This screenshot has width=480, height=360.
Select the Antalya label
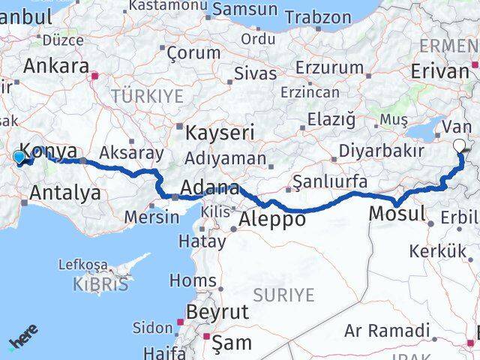[x=65, y=193]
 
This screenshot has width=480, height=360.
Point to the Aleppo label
[x=273, y=220]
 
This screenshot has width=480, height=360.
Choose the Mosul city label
[x=397, y=214]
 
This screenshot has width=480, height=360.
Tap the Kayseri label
[x=220, y=133]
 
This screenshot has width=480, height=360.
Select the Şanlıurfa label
[x=330, y=181]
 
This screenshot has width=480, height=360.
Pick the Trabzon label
[x=318, y=16]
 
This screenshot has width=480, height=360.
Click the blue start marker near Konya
[x=19, y=157]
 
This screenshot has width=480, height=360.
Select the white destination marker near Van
[x=460, y=146]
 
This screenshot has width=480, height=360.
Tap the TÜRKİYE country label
[x=148, y=96]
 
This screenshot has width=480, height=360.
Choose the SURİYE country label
[x=283, y=295]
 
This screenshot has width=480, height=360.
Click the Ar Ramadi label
[x=387, y=331]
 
